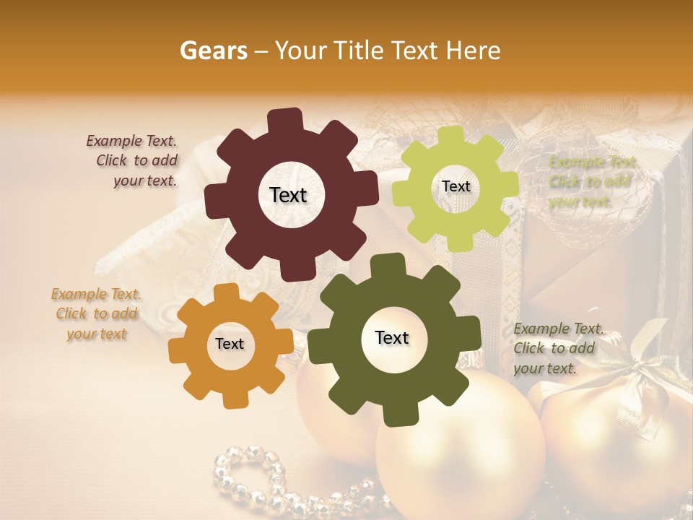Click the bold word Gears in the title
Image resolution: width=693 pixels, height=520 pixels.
(213, 51)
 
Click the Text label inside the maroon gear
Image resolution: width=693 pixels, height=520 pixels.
(288, 195)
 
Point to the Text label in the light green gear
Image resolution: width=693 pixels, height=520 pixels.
(456, 186)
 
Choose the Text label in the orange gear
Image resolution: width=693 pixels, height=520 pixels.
(230, 344)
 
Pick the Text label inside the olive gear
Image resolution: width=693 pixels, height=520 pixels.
(392, 337)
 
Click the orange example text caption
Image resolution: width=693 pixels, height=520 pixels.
(96, 314)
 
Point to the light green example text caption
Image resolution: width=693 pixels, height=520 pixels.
(592, 181)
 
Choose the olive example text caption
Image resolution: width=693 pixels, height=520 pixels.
(556, 348)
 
